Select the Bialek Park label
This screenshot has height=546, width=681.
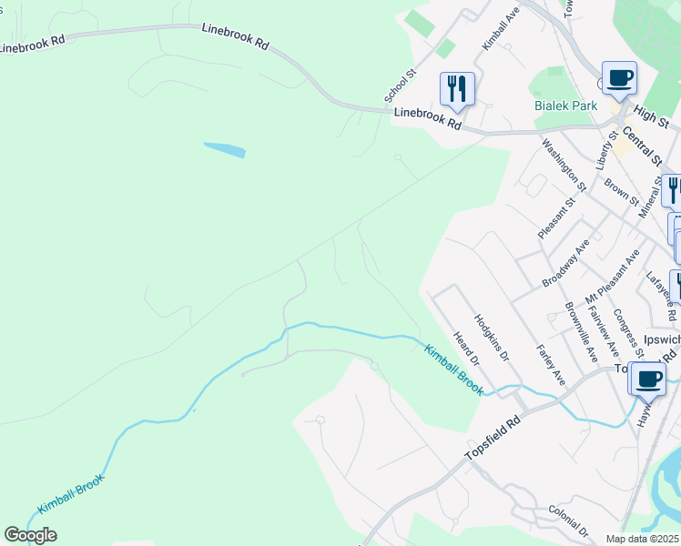(565, 106)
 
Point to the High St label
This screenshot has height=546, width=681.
(651, 113)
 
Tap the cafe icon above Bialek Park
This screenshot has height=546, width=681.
(619, 77)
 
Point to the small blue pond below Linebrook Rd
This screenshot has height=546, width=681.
(224, 150)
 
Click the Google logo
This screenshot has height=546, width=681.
(30, 535)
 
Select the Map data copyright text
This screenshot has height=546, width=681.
(643, 539)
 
